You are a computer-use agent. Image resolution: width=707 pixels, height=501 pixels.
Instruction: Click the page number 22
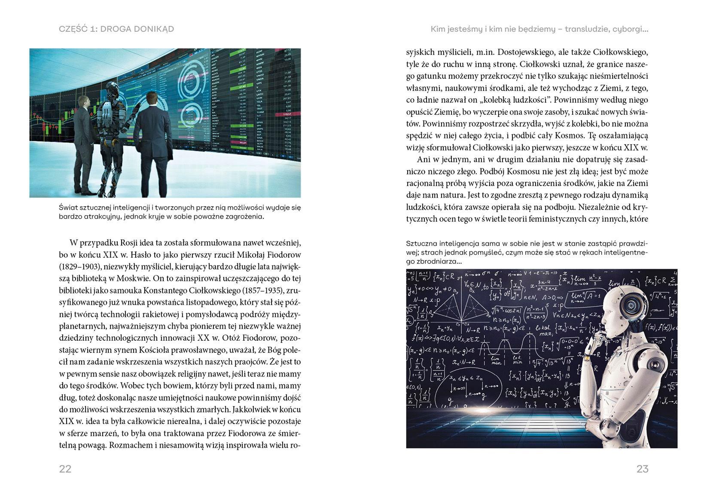click(65, 469)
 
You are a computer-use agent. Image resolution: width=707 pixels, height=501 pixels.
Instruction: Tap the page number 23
click(642, 469)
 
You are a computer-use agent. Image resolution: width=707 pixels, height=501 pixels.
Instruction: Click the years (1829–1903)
click(77, 266)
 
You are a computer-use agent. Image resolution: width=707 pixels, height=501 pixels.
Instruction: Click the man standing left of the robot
click(84, 144)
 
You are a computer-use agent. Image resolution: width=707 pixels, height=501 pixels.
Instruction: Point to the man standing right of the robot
click(152, 144)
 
